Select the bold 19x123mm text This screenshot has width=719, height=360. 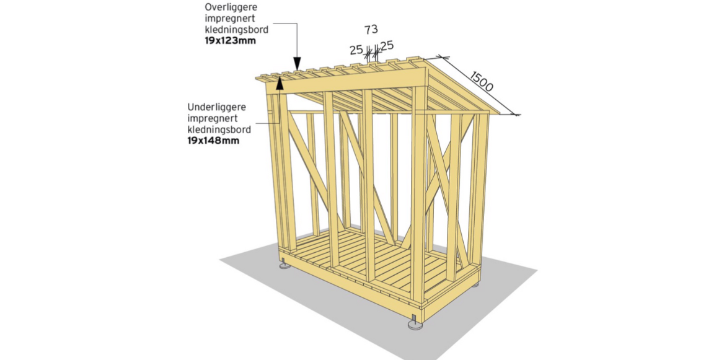(231, 41)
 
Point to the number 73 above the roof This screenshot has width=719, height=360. (371, 29)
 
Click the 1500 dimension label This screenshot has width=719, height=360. (481, 82)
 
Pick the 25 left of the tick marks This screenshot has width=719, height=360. (356, 50)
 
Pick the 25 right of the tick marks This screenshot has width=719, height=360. (387, 45)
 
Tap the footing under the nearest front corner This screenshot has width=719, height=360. (414, 323)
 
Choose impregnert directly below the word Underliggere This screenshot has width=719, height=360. (212, 118)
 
